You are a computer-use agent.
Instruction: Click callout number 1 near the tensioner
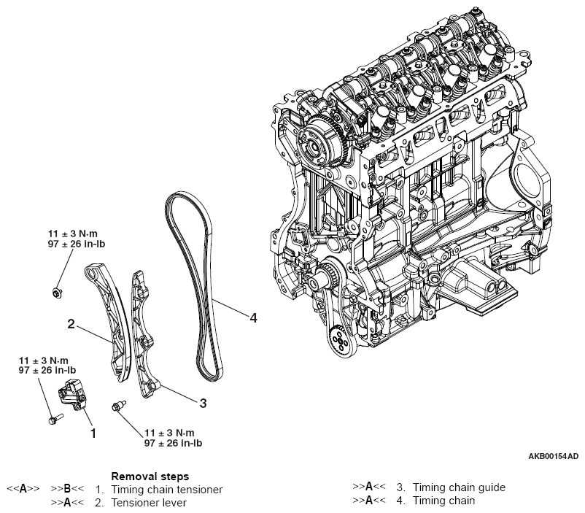[93, 433]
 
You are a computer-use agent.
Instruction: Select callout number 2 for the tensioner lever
[71, 323]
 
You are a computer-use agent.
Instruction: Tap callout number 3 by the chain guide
[204, 402]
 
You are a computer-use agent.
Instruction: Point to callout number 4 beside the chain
[252, 317]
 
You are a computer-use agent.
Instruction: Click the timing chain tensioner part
[74, 394]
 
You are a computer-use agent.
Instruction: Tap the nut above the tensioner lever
[57, 293]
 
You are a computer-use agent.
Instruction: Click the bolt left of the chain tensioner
[52, 420]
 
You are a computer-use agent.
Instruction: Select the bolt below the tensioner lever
[115, 406]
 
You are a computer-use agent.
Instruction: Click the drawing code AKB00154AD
[553, 457]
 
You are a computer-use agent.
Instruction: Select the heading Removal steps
[150, 477]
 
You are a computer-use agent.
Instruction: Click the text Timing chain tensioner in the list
[166, 489]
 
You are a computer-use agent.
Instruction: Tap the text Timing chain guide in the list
[458, 487]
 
